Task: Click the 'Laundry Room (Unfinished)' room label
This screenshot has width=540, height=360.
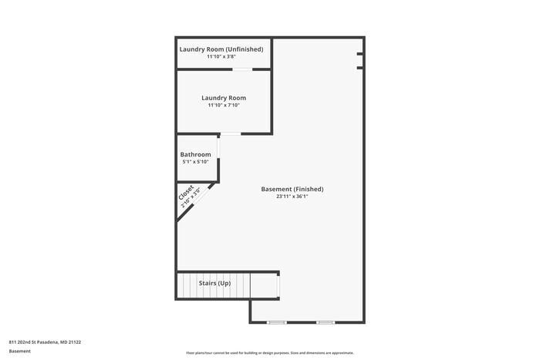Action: pyautogui.click(x=221, y=49)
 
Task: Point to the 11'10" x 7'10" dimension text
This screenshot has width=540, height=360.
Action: pyautogui.click(x=224, y=105)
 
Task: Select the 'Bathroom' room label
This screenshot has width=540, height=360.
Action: pyautogui.click(x=195, y=155)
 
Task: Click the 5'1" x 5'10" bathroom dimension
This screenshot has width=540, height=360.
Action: pyautogui.click(x=195, y=162)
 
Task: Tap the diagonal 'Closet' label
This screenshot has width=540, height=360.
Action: pyautogui.click(x=186, y=193)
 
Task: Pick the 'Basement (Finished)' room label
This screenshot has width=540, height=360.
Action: pyautogui.click(x=292, y=189)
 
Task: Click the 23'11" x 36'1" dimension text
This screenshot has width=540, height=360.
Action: pyautogui.click(x=292, y=197)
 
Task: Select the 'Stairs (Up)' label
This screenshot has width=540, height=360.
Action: pyautogui.click(x=214, y=284)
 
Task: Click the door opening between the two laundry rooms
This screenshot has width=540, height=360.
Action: pyautogui.click(x=242, y=69)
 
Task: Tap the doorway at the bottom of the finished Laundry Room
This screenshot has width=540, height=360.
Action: pyautogui.click(x=230, y=134)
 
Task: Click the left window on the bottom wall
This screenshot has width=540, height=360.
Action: pyautogui.click(x=276, y=321)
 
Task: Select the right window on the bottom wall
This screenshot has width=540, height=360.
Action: pyautogui.click(x=326, y=321)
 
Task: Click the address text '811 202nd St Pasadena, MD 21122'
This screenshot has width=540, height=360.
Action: pyautogui.click(x=45, y=341)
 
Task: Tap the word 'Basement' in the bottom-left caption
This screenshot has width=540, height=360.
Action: pyautogui.click(x=20, y=352)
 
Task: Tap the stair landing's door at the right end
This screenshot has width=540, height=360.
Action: pyautogui.click(x=278, y=285)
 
